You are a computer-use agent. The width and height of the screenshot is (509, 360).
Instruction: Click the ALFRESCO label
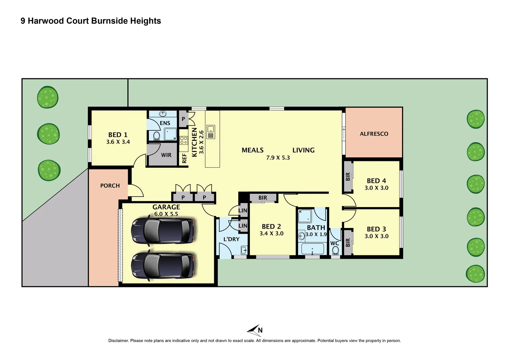pyautogui.click(x=374, y=134)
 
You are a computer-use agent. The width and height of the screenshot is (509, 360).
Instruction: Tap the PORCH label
pyautogui.click(x=110, y=186)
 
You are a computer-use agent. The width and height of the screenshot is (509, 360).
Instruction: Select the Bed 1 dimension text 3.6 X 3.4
pyautogui.click(x=118, y=142)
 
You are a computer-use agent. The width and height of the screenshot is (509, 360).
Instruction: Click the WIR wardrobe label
pyautogui.click(x=166, y=155)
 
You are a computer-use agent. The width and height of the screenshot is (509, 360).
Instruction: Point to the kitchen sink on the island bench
pyautogui.click(x=211, y=132)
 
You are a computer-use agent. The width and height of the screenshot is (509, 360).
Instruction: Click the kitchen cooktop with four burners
pyautogui.click(x=184, y=140)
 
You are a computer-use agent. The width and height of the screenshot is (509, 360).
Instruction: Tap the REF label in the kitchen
pyautogui.click(x=184, y=158)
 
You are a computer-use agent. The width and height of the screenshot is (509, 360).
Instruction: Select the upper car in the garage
pyautogui.click(x=162, y=230)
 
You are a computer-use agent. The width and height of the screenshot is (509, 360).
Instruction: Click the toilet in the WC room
pyautogui.click(x=335, y=250)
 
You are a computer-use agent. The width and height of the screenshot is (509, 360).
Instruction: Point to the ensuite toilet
pyautogui.click(x=156, y=136)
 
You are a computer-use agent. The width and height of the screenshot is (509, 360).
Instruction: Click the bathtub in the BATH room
pyautogui.click(x=312, y=249)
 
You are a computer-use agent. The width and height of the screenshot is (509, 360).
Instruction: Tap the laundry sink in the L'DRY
pyautogui.click(x=244, y=250)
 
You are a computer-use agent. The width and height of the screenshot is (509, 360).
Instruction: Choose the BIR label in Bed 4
pyautogui.click(x=348, y=177)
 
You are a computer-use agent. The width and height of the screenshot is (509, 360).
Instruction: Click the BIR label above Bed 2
pyautogui.click(x=262, y=198)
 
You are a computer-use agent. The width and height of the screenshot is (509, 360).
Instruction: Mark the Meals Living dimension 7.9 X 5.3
pyautogui.click(x=278, y=158)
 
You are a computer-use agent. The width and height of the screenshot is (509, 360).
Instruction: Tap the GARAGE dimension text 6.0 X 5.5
pyautogui.click(x=166, y=214)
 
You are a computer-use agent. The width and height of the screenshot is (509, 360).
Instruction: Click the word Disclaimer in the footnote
pyautogui.click(x=118, y=341)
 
